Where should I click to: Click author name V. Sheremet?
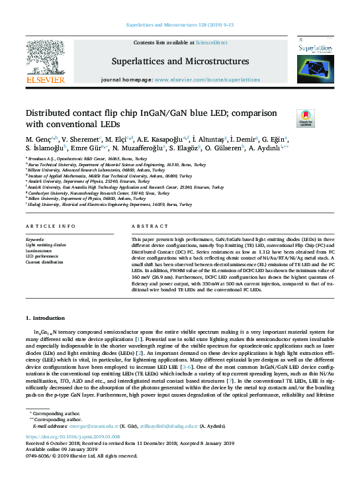pos(79,140)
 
